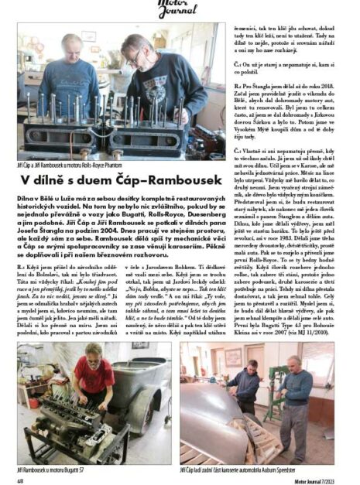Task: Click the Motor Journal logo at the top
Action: pos(180,7)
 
